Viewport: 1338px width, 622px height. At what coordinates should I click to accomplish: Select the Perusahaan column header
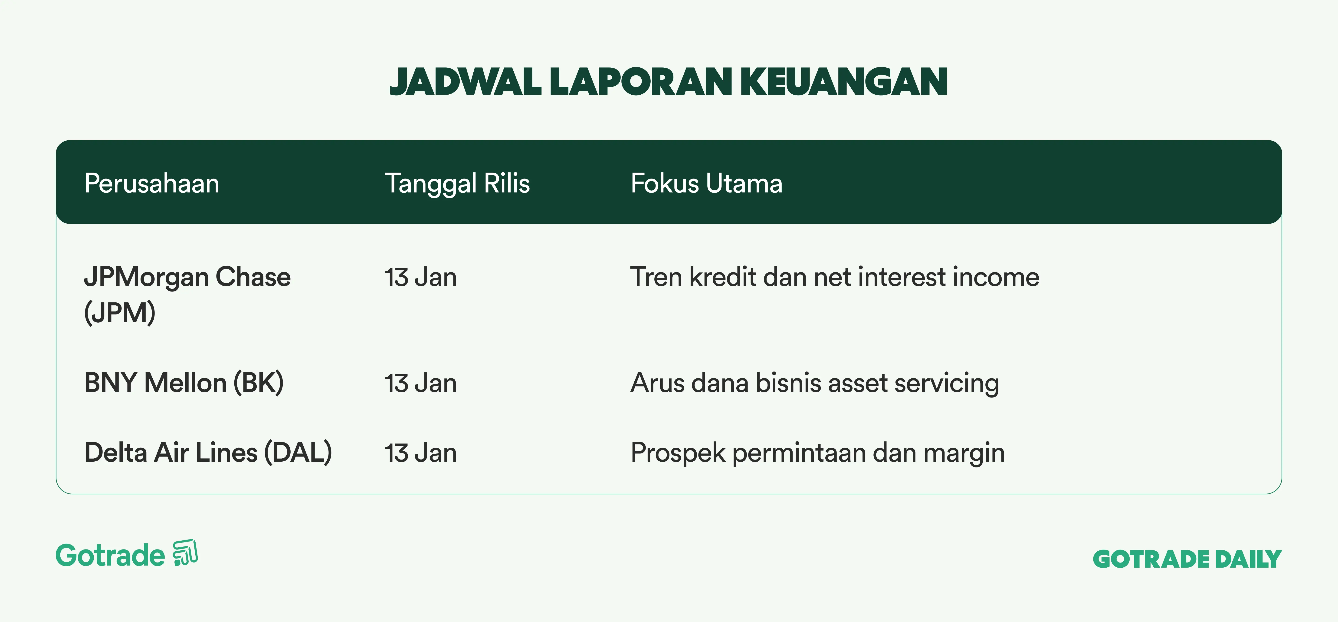(x=152, y=183)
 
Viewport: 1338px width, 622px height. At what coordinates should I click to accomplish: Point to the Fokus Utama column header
(x=706, y=183)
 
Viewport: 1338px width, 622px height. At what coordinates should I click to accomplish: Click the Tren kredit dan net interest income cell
(x=835, y=277)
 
